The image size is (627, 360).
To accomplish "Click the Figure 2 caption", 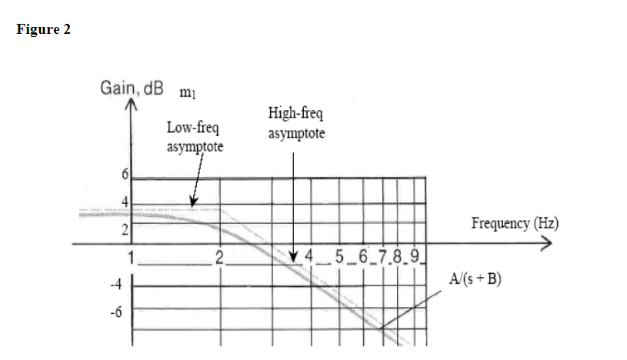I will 43,30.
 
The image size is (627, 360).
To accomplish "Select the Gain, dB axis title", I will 132,88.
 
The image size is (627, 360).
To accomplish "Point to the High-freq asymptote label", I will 296,123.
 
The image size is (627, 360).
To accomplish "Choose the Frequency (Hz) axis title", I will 515,223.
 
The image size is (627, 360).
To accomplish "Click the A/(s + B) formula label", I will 475,278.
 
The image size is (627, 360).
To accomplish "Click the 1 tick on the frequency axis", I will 132,257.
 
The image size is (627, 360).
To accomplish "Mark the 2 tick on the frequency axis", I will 219,257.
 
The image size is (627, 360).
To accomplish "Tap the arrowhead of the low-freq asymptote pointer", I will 194,203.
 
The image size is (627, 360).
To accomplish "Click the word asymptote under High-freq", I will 296,133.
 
